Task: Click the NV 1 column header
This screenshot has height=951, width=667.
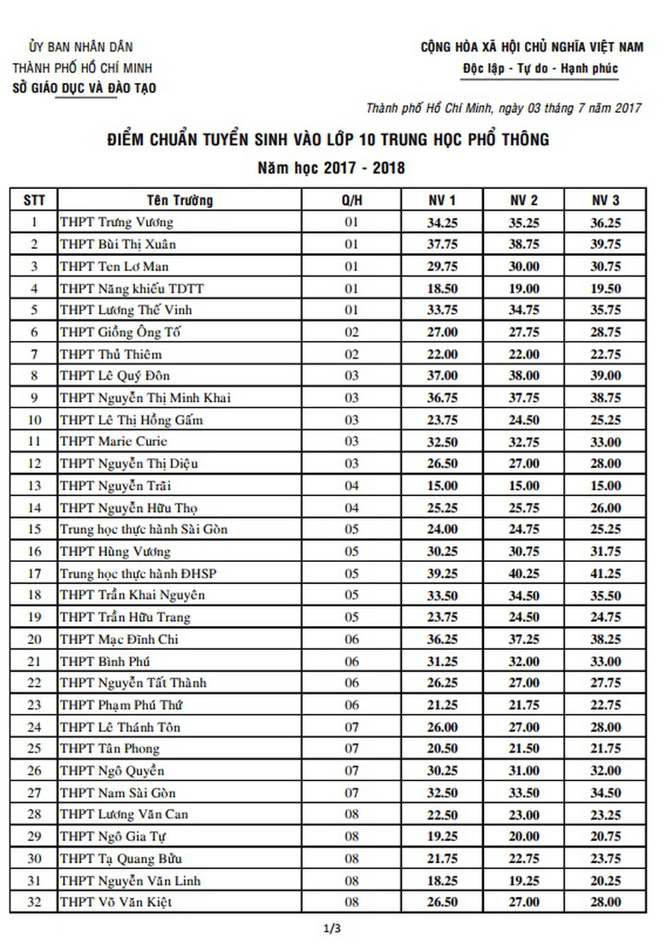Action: click(442, 200)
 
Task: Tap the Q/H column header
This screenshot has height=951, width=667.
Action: click(350, 200)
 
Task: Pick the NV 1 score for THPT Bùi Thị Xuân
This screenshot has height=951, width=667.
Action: click(442, 245)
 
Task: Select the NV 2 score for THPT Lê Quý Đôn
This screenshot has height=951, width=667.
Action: click(524, 376)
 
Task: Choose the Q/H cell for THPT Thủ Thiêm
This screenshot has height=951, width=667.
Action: click(350, 354)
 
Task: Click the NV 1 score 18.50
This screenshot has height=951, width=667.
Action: click(442, 289)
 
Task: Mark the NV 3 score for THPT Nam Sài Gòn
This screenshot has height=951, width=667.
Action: click(605, 792)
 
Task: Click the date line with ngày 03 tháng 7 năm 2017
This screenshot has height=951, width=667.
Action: click(504, 108)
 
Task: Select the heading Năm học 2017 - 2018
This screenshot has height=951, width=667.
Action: click(333, 168)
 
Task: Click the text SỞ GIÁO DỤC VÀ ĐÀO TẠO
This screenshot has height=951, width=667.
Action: click(85, 87)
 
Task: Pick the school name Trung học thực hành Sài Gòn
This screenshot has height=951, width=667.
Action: click(144, 529)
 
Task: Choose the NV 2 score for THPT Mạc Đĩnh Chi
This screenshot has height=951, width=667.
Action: click(524, 639)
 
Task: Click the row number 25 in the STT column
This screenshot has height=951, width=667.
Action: click(34, 748)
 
